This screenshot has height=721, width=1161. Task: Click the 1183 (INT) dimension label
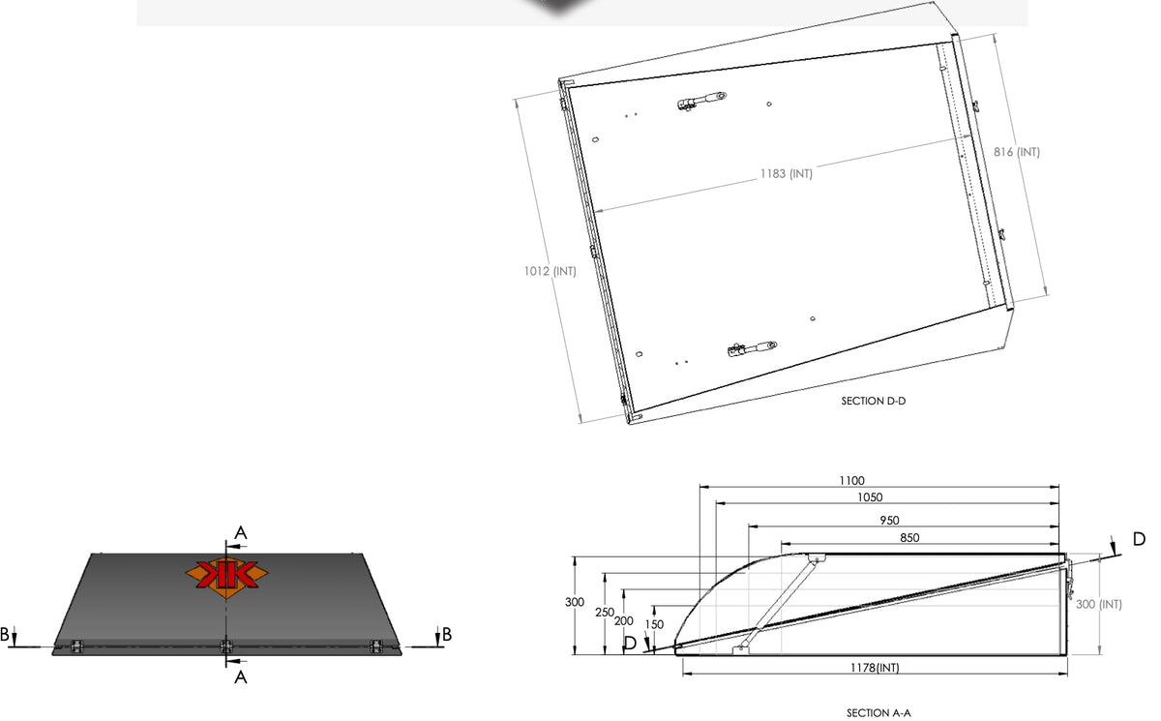pyautogui.click(x=787, y=173)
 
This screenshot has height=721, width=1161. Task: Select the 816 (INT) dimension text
pyautogui.click(x=1017, y=152)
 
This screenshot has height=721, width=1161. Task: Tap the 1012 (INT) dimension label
pyautogui.click(x=550, y=271)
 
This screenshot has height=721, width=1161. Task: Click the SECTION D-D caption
pyautogui.click(x=874, y=401)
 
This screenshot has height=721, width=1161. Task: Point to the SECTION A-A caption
pyautogui.click(x=878, y=713)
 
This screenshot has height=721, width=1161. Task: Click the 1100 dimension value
pyautogui.click(x=852, y=480)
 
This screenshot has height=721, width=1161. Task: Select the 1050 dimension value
pyautogui.click(x=870, y=497)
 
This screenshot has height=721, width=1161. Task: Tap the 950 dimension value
pyautogui.click(x=889, y=520)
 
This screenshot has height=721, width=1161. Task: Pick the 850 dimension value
pyautogui.click(x=909, y=537)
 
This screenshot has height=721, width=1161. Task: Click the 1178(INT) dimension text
pyautogui.click(x=875, y=668)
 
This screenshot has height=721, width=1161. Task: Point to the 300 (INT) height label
pyautogui.click(x=1099, y=604)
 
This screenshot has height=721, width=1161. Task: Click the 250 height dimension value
pyautogui.click(x=605, y=613)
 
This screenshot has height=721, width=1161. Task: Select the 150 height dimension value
pyautogui.click(x=654, y=624)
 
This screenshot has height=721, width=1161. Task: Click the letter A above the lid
pyautogui.click(x=241, y=533)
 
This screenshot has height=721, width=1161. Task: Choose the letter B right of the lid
pyautogui.click(x=447, y=634)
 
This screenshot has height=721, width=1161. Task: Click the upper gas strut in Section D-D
pyautogui.click(x=701, y=101)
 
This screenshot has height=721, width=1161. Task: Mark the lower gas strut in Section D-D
pyautogui.click(x=752, y=348)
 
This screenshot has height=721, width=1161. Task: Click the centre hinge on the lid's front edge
pyautogui.click(x=226, y=646)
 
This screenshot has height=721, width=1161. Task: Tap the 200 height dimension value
pyautogui.click(x=623, y=621)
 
